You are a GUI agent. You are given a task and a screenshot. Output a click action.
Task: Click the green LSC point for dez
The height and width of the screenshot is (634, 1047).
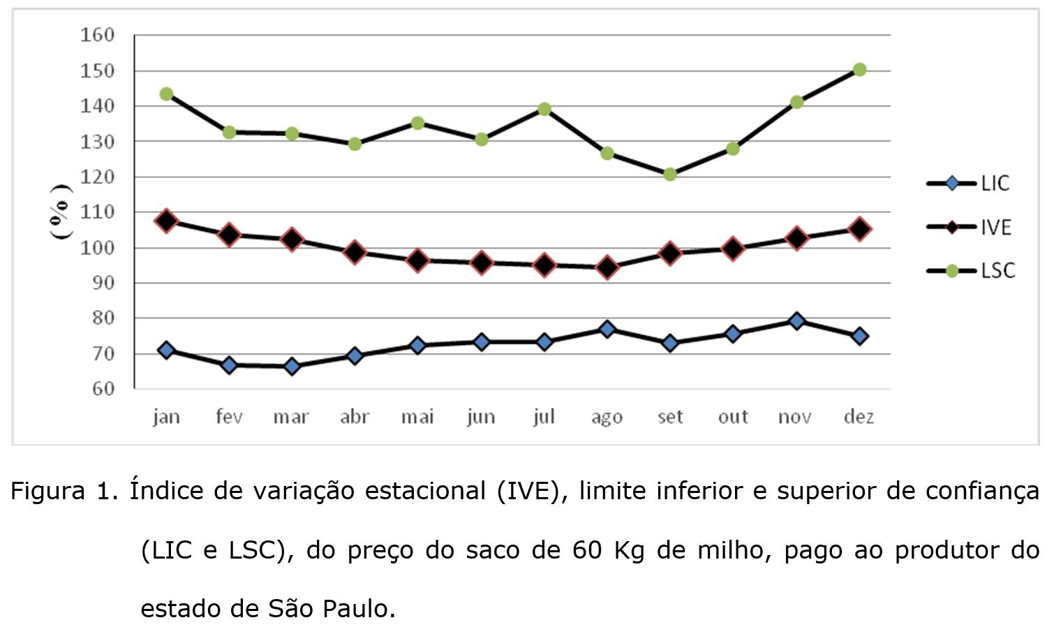[x=859, y=70]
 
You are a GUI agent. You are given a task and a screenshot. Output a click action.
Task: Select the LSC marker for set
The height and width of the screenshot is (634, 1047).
[x=670, y=174]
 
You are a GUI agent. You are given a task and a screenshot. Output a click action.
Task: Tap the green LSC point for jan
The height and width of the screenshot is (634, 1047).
[x=166, y=94]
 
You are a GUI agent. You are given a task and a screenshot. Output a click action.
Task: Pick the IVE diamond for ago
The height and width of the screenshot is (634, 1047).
[x=607, y=267]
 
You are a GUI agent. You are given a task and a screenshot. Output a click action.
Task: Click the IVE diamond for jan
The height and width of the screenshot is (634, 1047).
[x=166, y=221]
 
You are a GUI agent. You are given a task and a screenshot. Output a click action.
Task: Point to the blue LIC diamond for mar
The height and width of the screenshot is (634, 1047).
[x=292, y=366]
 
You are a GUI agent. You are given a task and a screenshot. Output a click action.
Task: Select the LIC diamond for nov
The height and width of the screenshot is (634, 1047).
[x=796, y=321]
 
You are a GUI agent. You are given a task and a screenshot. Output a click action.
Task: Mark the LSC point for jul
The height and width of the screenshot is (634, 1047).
[x=544, y=109]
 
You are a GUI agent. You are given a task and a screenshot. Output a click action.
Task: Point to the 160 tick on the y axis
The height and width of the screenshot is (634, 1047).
[x=97, y=35]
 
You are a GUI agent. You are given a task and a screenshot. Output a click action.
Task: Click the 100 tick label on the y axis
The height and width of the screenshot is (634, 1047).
[x=97, y=247]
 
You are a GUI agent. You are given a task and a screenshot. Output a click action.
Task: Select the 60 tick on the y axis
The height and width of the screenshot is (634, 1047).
[x=102, y=389]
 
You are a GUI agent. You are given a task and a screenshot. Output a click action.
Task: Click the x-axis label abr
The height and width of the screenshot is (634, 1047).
[x=355, y=417]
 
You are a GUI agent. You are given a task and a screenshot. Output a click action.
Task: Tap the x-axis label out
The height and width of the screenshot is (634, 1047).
[x=733, y=417]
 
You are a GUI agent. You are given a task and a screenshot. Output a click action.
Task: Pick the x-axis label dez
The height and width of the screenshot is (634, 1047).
[x=859, y=417]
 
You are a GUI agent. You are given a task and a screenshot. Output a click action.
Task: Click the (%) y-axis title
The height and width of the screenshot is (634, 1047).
[x=61, y=211]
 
